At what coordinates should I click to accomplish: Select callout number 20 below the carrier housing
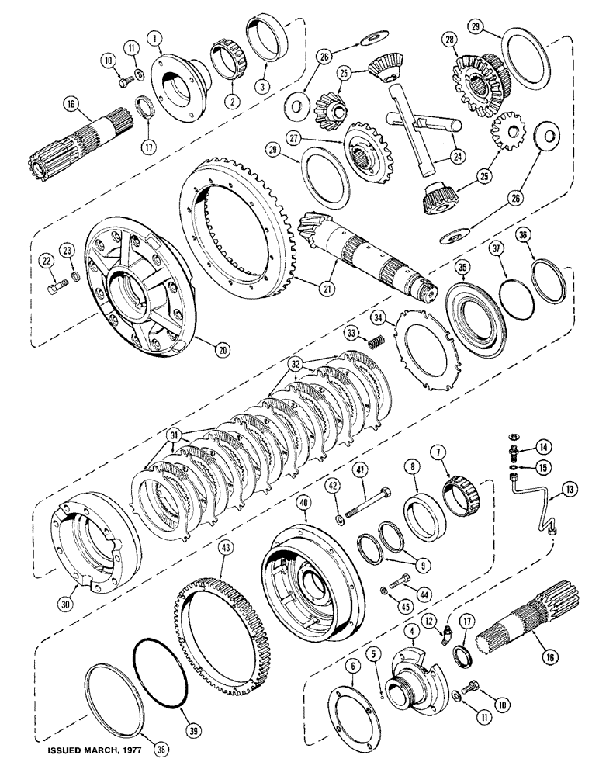point(223,350)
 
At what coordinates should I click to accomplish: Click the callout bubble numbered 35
point(463,268)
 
